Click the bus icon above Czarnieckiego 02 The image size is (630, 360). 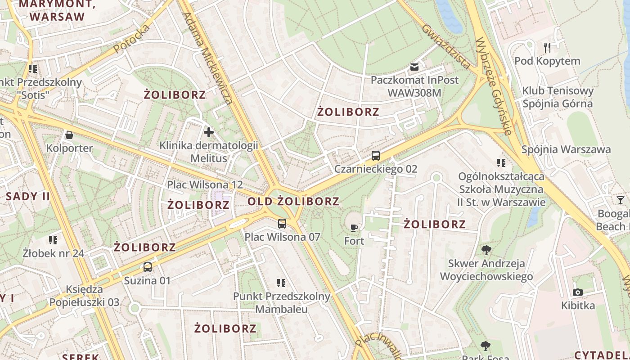(375, 156)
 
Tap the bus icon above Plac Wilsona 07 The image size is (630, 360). (282, 223)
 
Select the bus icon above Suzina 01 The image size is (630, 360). (147, 267)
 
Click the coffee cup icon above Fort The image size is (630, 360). (354, 228)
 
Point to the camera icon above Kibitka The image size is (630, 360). (578, 292)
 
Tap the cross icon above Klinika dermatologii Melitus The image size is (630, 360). (208, 132)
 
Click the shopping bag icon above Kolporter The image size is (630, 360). (69, 135)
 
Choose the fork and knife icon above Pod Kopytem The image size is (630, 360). (547, 47)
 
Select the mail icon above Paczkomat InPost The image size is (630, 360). (414, 67)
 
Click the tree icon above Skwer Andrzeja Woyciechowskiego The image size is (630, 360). (486, 250)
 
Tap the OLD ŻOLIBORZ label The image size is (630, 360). (293, 201)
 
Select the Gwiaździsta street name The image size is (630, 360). (446, 46)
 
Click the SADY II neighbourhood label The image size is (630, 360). (28, 196)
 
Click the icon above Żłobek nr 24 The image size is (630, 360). (53, 240)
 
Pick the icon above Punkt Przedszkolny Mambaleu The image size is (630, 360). (281, 283)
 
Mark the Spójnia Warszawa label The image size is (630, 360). (566, 149)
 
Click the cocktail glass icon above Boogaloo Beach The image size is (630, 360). (621, 200)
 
